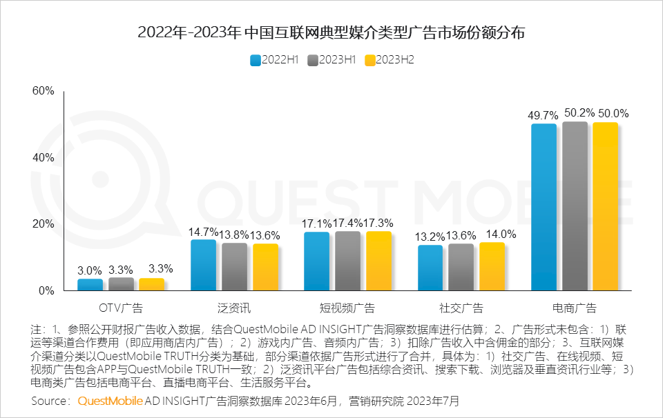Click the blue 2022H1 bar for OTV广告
90,284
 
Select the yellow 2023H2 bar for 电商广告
605,206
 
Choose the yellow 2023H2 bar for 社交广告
492,266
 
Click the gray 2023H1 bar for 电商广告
575,206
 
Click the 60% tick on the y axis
43,91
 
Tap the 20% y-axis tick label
43,224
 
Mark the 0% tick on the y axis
46,291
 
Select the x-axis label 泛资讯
234,308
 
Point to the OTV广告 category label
121,308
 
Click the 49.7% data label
543,114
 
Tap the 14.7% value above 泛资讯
204,231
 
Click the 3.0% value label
90,270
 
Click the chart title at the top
331,32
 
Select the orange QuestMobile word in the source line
110,401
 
